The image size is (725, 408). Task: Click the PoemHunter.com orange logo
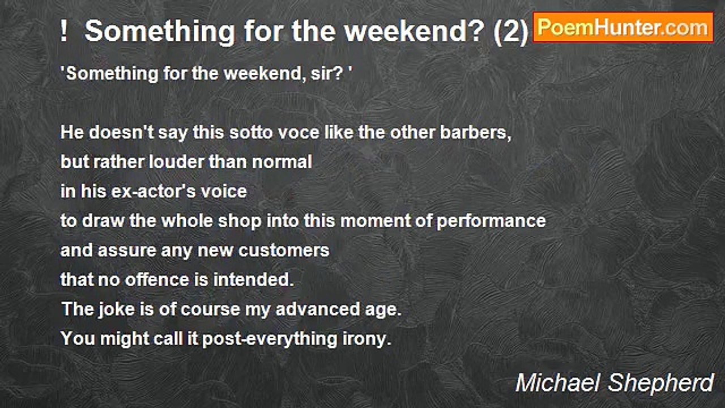point(623,28)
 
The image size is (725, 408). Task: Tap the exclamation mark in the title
point(64,31)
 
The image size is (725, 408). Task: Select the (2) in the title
point(511,32)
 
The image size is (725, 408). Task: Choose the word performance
point(491,222)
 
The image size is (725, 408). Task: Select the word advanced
point(318,309)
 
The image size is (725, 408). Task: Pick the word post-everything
point(270,339)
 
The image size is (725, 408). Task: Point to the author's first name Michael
point(558,383)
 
